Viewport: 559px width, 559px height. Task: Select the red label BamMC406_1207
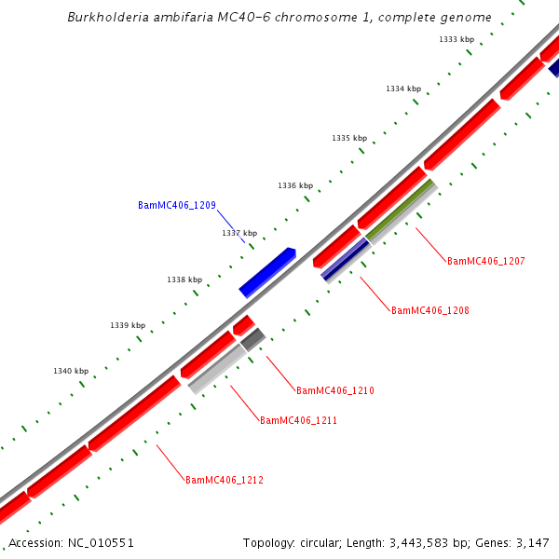click(x=486, y=261)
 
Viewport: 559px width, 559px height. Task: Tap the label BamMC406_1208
click(x=430, y=310)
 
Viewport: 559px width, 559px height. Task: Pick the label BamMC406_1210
click(x=335, y=390)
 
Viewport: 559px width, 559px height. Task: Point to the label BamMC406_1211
click(x=298, y=420)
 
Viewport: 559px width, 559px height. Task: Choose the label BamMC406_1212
click(x=225, y=480)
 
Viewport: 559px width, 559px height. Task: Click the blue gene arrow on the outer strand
click(x=267, y=272)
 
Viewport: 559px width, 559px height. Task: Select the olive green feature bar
click(x=401, y=210)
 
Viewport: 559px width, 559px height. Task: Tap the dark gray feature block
click(x=253, y=338)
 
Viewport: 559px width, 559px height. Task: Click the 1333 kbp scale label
click(x=456, y=39)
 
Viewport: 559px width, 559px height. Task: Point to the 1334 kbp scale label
click(x=403, y=89)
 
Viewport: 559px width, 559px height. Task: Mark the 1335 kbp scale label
click(x=349, y=138)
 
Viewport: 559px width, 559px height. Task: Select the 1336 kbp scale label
click(x=295, y=185)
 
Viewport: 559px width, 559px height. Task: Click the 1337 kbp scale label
click(x=239, y=233)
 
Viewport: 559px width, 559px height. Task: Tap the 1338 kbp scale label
click(x=184, y=279)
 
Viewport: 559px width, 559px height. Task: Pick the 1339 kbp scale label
click(x=128, y=325)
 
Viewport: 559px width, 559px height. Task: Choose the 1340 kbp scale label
click(x=71, y=371)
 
